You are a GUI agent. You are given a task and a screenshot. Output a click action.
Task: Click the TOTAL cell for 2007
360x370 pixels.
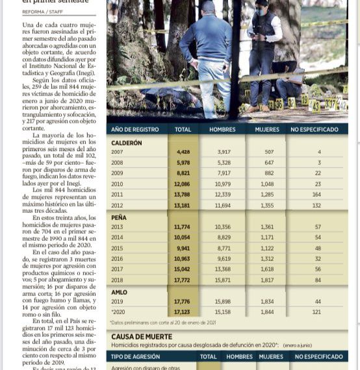click(x=183, y=152)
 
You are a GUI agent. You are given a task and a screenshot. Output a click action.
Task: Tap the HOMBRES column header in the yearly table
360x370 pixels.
click(x=222, y=130)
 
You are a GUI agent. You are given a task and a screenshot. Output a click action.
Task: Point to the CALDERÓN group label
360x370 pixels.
click(x=127, y=142)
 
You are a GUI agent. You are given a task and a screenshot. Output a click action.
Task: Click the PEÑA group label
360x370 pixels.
click(x=119, y=217)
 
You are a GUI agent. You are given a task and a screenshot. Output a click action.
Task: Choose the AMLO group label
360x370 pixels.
click(x=120, y=292)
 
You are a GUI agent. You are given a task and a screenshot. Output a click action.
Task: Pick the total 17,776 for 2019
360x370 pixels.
click(x=183, y=302)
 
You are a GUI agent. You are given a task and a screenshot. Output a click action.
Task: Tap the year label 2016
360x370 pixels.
click(x=117, y=258)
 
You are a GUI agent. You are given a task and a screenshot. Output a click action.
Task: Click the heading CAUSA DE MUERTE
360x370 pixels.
click(x=142, y=337)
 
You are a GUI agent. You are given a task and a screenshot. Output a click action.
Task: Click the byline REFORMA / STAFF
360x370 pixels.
click(x=43, y=12)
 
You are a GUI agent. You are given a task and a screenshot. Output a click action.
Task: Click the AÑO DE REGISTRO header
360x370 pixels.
click(x=136, y=130)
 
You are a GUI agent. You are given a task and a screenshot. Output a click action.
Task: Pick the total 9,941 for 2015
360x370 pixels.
click(x=183, y=248)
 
